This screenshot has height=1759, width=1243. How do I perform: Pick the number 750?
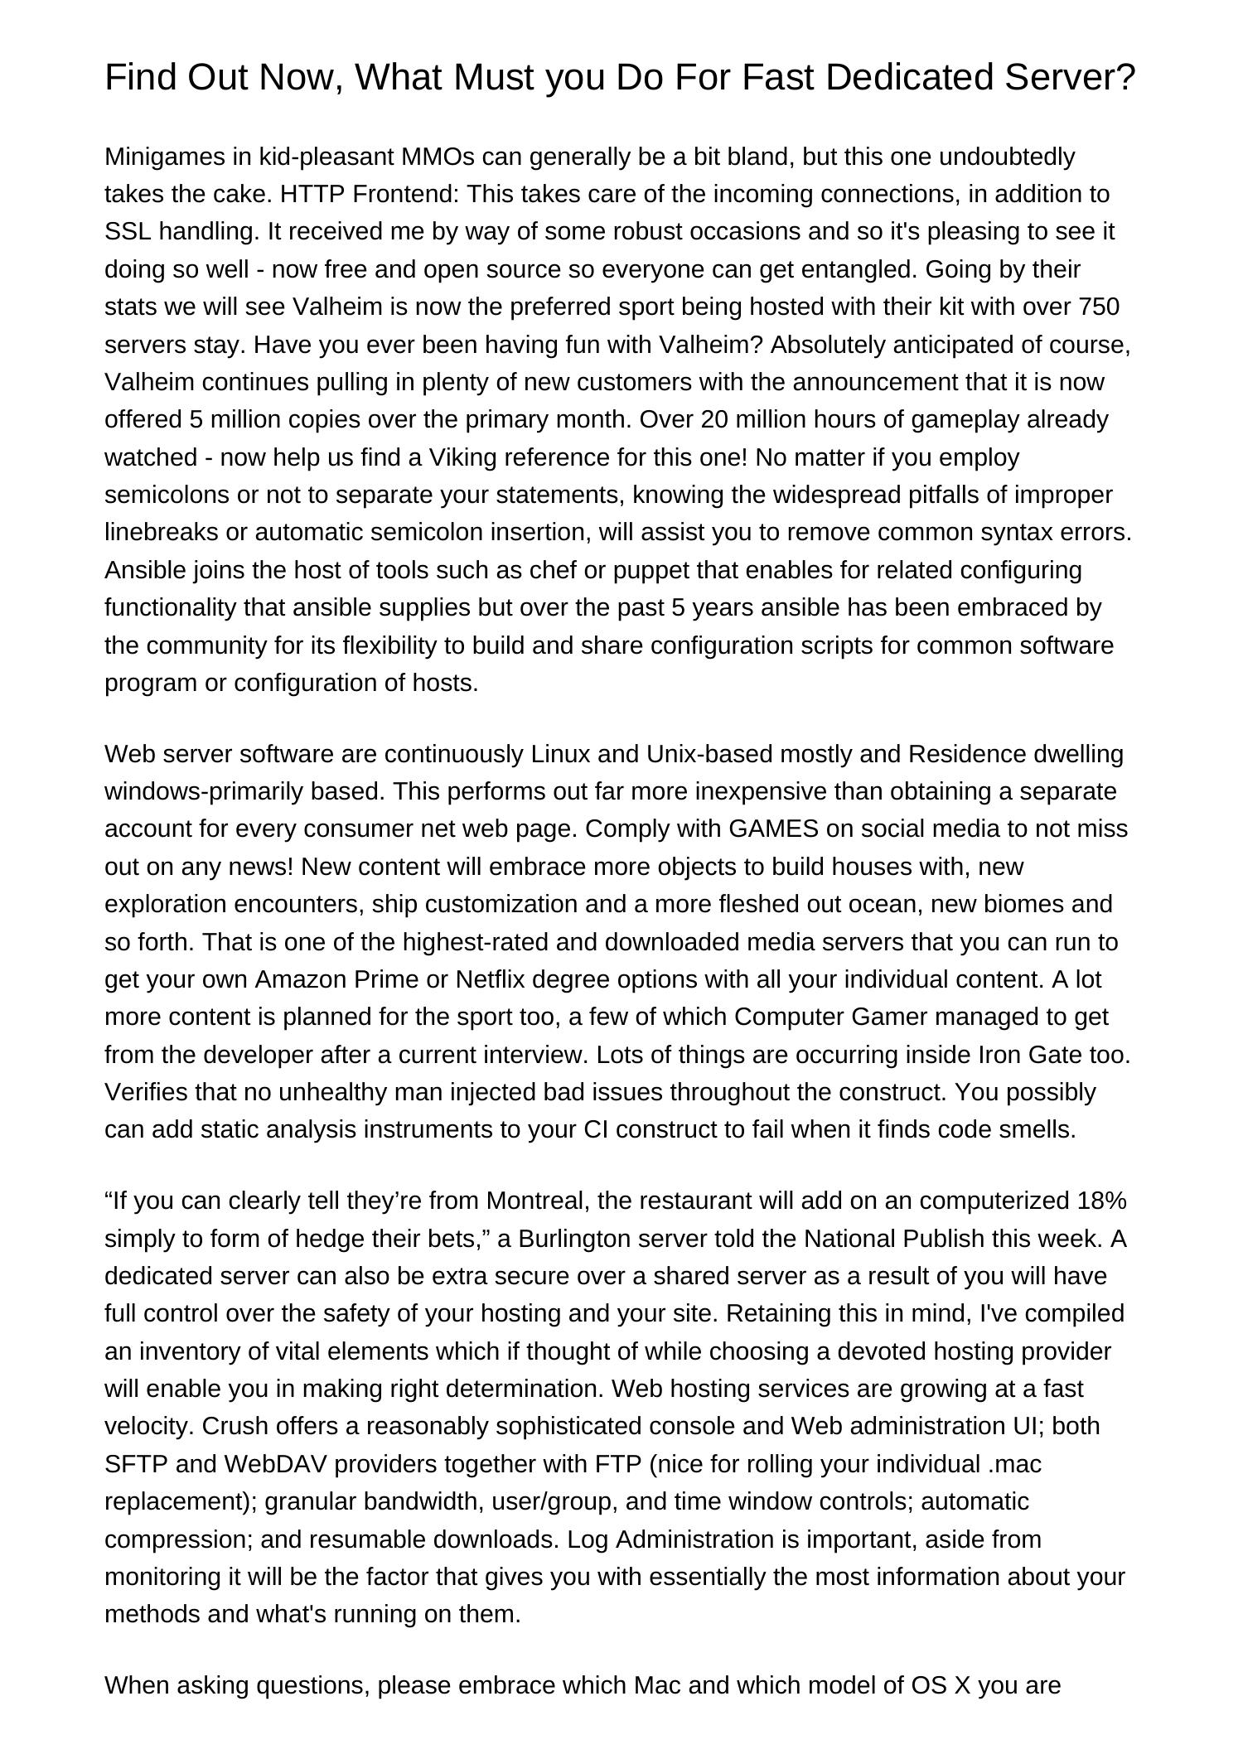(x=1099, y=307)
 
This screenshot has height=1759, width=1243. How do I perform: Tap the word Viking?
(x=468, y=457)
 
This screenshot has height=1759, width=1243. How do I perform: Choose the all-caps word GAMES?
(x=774, y=829)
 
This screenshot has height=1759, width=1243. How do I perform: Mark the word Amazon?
(x=301, y=979)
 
